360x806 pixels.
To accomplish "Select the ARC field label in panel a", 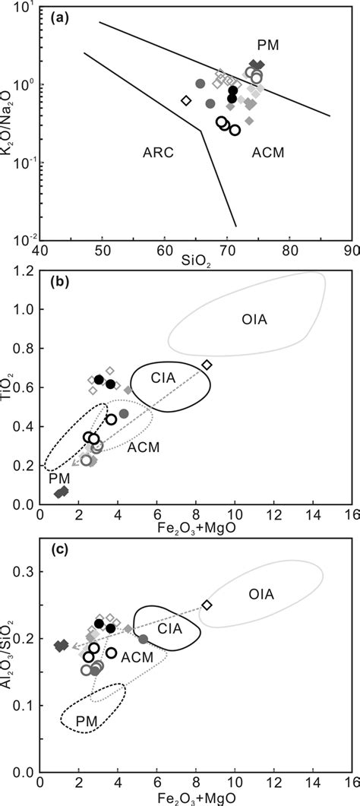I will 159,153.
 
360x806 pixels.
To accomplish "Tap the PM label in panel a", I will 267,46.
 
